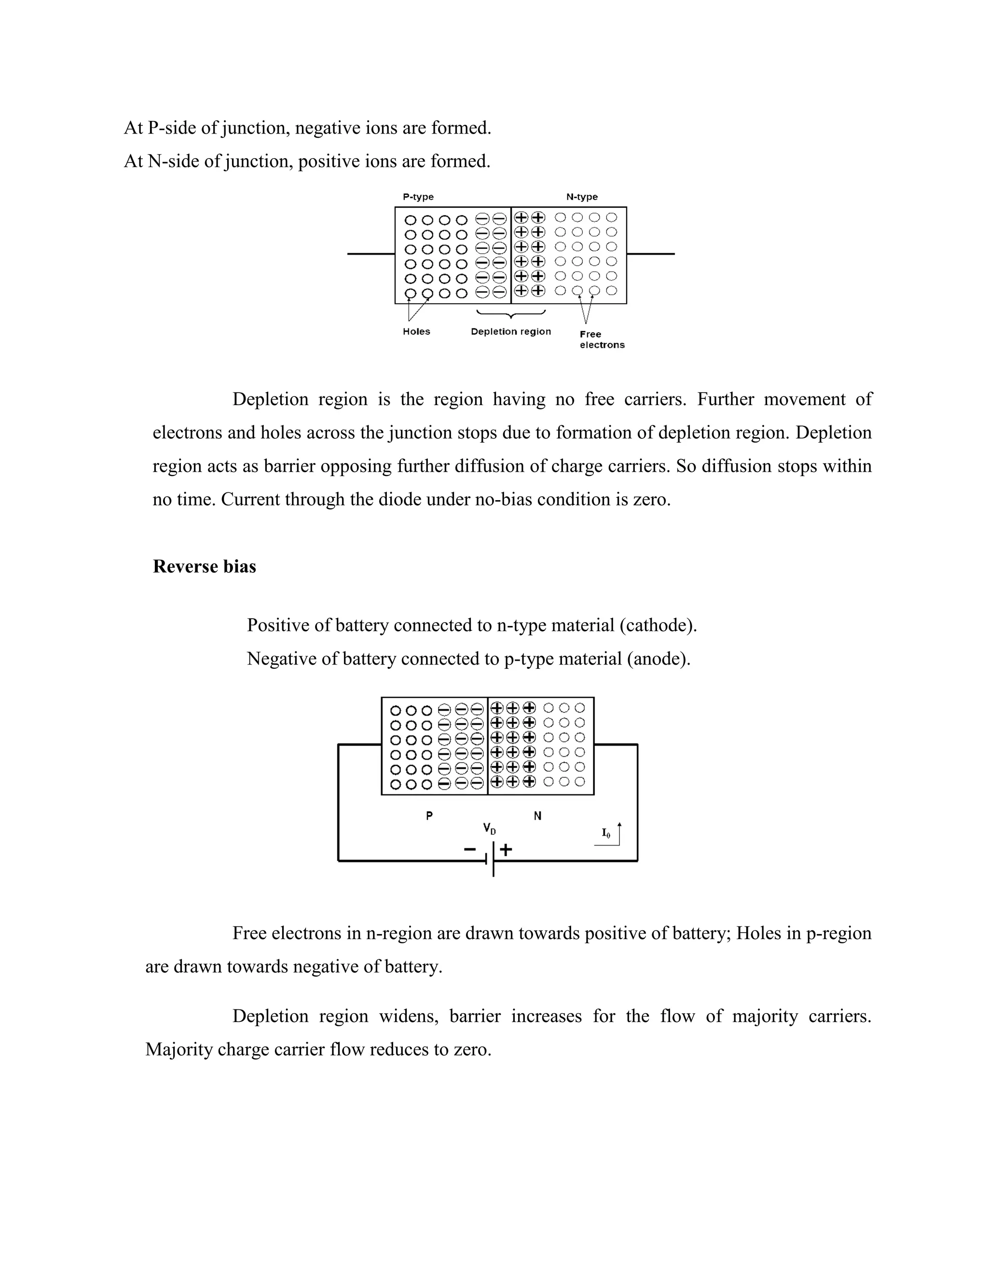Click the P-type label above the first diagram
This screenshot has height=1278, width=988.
(x=418, y=197)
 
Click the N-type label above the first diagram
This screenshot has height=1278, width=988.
(x=582, y=197)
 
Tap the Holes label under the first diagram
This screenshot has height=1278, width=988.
(x=416, y=332)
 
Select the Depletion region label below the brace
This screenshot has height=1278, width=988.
(x=511, y=332)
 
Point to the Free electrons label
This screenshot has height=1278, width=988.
(x=602, y=340)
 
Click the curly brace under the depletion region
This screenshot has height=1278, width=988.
(x=511, y=315)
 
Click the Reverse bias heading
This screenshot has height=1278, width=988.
(x=204, y=567)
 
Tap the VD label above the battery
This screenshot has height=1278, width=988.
(x=489, y=829)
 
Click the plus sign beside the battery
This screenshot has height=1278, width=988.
(x=506, y=850)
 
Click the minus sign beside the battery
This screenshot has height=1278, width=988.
(x=470, y=849)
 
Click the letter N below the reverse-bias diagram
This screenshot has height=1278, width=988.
(x=537, y=816)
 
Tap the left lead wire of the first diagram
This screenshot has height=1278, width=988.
(x=371, y=254)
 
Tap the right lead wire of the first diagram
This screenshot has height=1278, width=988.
(x=650, y=254)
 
